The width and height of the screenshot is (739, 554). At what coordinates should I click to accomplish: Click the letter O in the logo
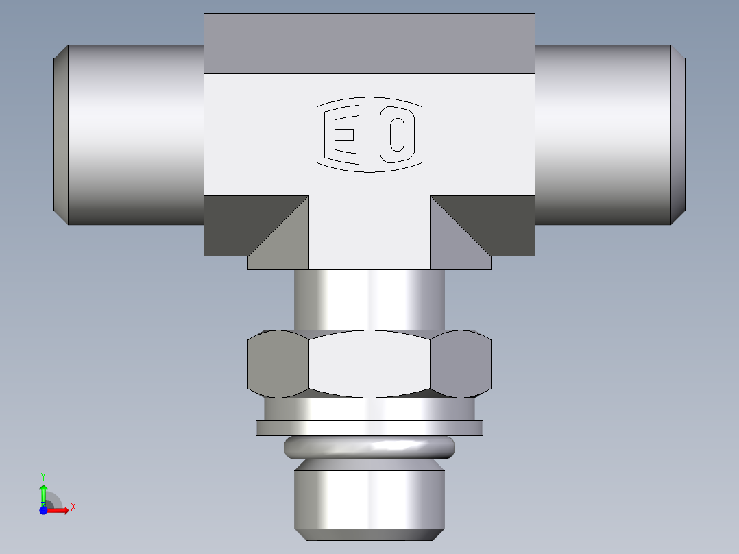(x=397, y=134)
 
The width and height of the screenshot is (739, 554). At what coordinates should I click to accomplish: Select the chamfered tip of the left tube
(x=60, y=134)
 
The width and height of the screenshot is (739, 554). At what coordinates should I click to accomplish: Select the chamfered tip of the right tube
(x=678, y=134)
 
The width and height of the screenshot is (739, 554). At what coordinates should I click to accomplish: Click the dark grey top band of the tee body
(x=369, y=43)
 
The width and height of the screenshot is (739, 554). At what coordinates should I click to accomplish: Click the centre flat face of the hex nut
(x=369, y=363)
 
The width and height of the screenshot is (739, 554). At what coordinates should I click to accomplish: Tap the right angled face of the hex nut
(x=461, y=363)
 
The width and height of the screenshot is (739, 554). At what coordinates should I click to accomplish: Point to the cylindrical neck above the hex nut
(x=369, y=299)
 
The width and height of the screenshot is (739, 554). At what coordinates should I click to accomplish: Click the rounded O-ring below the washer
(x=369, y=448)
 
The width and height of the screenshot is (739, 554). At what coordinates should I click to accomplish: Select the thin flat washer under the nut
(x=369, y=428)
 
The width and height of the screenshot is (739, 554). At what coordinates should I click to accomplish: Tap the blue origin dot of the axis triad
(x=43, y=509)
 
